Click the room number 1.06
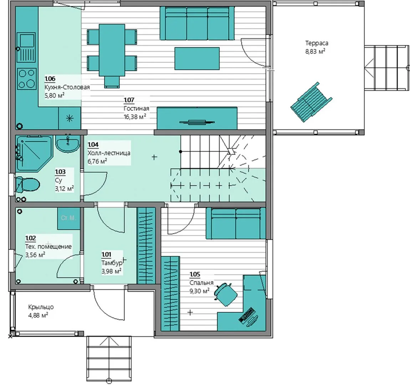(x=50, y=79)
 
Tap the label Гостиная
(x=137, y=108)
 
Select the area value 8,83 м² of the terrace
(x=316, y=51)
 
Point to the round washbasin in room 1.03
(x=67, y=143)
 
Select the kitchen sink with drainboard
(x=26, y=47)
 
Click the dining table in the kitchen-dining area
(x=112, y=50)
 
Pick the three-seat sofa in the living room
(x=197, y=23)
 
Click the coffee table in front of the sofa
(x=197, y=58)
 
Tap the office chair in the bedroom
(x=226, y=294)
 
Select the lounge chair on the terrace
(x=312, y=102)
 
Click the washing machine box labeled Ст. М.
(x=69, y=219)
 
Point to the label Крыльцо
(x=41, y=307)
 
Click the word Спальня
(x=201, y=283)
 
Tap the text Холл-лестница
(x=109, y=153)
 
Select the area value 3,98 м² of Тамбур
(x=111, y=271)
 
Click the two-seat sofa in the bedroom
(x=236, y=224)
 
